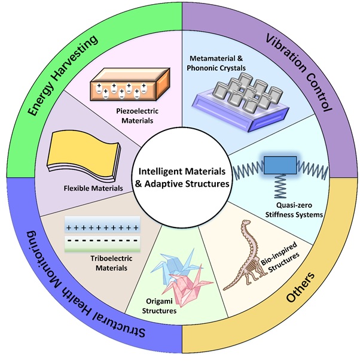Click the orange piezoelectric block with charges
126,88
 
